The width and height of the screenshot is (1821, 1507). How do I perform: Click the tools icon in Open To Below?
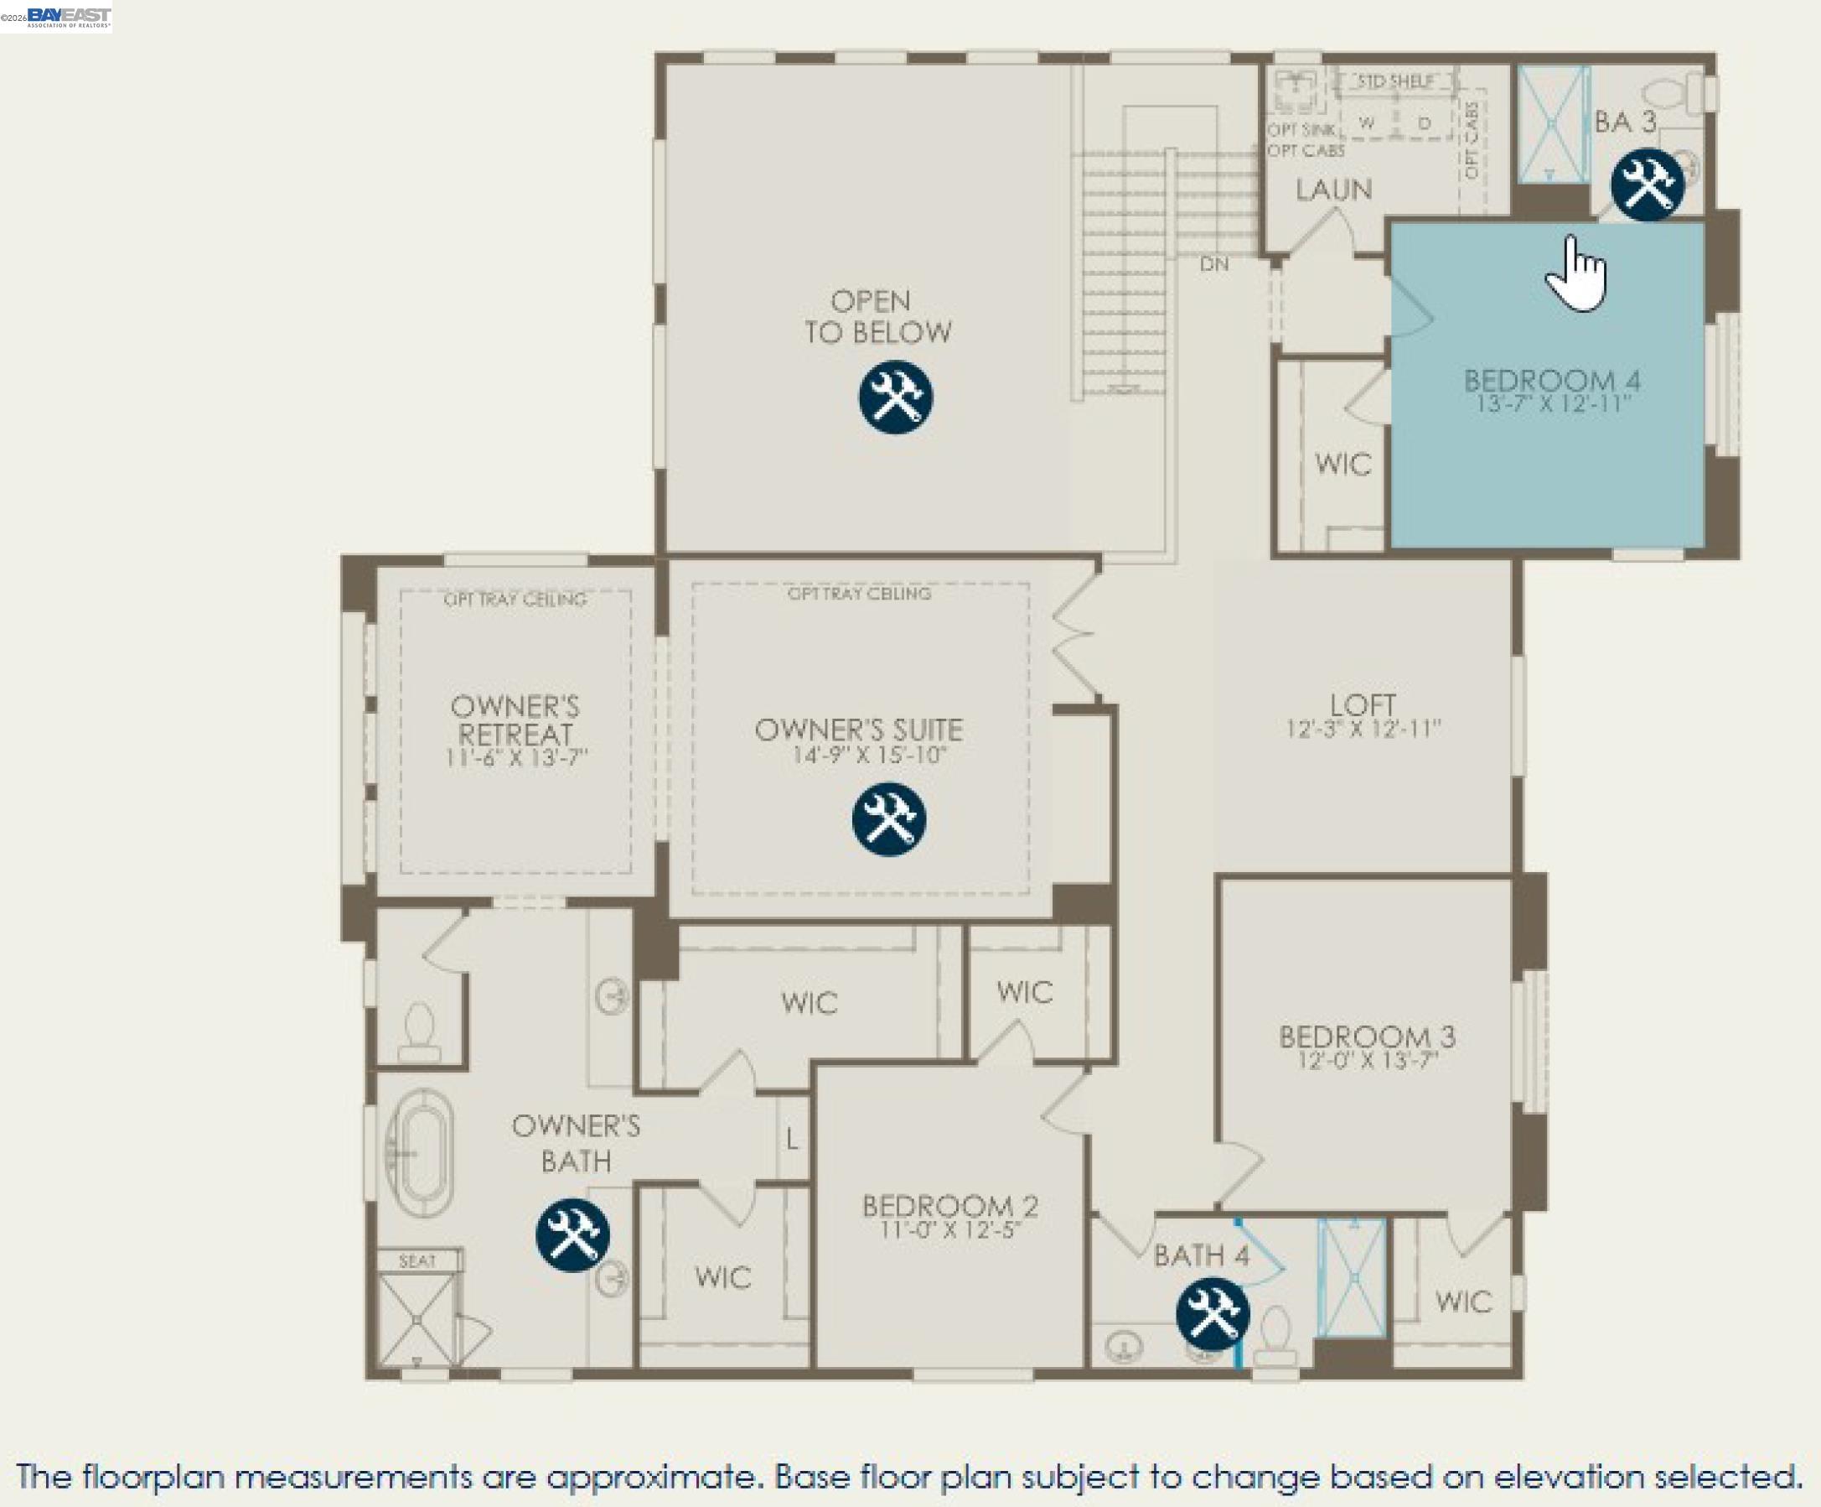(x=896, y=397)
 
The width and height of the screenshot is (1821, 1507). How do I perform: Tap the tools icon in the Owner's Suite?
(x=889, y=819)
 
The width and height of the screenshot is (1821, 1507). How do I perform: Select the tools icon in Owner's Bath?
(x=572, y=1234)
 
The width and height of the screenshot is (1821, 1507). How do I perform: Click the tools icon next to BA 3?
(x=1648, y=184)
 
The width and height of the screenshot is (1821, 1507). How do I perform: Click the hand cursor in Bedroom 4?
(x=1575, y=273)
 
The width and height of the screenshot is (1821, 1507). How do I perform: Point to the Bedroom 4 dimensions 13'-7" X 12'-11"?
(x=1552, y=403)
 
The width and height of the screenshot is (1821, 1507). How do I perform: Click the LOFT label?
(x=1363, y=704)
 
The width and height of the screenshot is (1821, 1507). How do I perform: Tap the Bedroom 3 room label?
(x=1367, y=1036)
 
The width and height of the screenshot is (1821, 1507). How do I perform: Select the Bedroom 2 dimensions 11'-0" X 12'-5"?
(x=949, y=1229)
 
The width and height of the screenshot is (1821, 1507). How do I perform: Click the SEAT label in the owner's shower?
(x=417, y=1260)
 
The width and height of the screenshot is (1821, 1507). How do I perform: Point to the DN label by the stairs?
(x=1213, y=264)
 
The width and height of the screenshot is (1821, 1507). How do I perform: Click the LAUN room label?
(x=1333, y=190)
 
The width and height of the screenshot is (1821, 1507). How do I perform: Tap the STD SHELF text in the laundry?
(x=1395, y=81)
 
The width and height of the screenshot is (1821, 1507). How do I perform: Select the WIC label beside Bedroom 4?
(x=1342, y=464)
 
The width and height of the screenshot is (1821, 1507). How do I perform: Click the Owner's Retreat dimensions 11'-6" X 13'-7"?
(x=516, y=757)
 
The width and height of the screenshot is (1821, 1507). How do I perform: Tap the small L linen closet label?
(x=792, y=1138)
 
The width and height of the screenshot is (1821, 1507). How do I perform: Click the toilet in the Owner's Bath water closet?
(x=420, y=1032)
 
